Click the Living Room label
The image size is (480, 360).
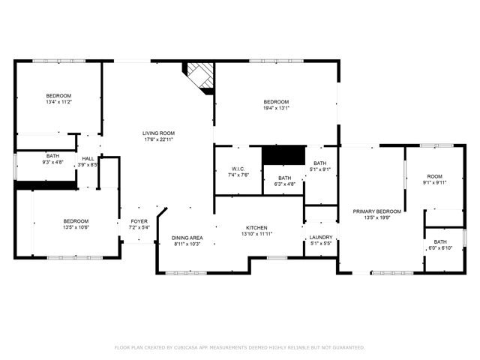click(x=158, y=133)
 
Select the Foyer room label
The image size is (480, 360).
click(x=139, y=221)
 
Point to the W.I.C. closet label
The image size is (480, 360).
click(x=238, y=169)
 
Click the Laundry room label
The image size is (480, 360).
click(x=321, y=237)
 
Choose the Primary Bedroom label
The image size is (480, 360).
click(x=377, y=211)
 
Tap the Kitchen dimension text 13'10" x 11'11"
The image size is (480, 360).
click(x=256, y=234)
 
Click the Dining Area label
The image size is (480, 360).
click(x=187, y=238)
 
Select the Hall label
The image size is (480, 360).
click(x=88, y=158)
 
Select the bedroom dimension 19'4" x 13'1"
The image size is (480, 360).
click(x=277, y=108)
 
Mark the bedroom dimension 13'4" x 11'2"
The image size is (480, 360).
click(x=58, y=102)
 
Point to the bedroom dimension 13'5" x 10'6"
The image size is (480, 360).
click(x=76, y=227)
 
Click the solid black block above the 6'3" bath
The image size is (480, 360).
click(x=284, y=155)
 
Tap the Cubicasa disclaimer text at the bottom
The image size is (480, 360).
click(x=240, y=347)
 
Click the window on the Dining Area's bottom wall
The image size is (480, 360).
click(x=186, y=273)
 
